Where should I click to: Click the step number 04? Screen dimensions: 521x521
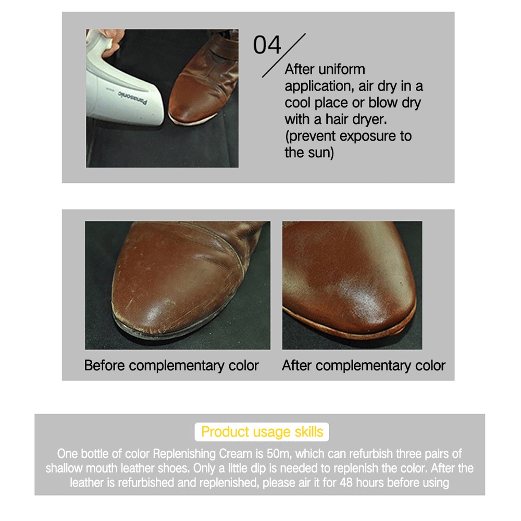(x=267, y=45)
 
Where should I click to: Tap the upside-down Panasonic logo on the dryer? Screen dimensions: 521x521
(x=132, y=97)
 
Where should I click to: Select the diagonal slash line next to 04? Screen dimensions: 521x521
(x=284, y=56)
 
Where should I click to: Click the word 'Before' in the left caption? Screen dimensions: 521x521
(x=105, y=366)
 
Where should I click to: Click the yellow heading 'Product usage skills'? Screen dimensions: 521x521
(x=262, y=432)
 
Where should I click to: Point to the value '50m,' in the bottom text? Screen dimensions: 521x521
(x=279, y=454)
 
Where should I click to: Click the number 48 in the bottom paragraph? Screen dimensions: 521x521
(x=346, y=482)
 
